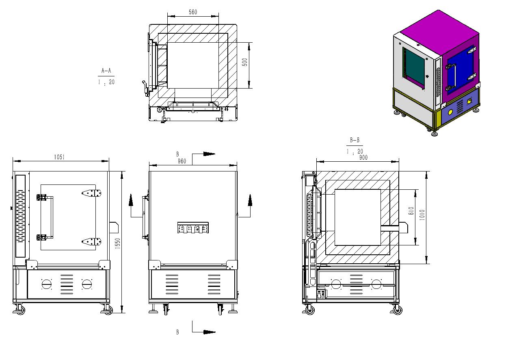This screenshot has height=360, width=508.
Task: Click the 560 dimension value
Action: point(193,12)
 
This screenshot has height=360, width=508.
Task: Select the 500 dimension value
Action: point(245,62)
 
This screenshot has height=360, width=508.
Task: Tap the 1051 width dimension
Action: point(59,157)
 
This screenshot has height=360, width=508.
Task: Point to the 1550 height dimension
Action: point(117,243)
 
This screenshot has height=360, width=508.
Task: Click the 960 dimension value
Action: point(182,161)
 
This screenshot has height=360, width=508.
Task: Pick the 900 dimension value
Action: point(363,157)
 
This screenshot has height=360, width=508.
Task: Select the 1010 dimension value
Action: point(422,215)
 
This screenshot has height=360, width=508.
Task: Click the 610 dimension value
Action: point(411,211)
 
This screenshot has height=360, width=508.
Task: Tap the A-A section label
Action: point(106,71)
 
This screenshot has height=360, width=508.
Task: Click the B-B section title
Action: point(355,140)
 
